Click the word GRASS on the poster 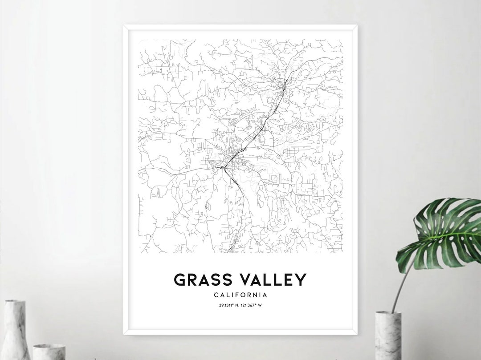(203, 280)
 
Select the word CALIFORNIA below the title (240, 295)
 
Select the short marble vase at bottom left (49, 352)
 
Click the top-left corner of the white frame (125, 26)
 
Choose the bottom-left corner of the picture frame (125, 333)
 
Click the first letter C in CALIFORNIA (216, 295)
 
